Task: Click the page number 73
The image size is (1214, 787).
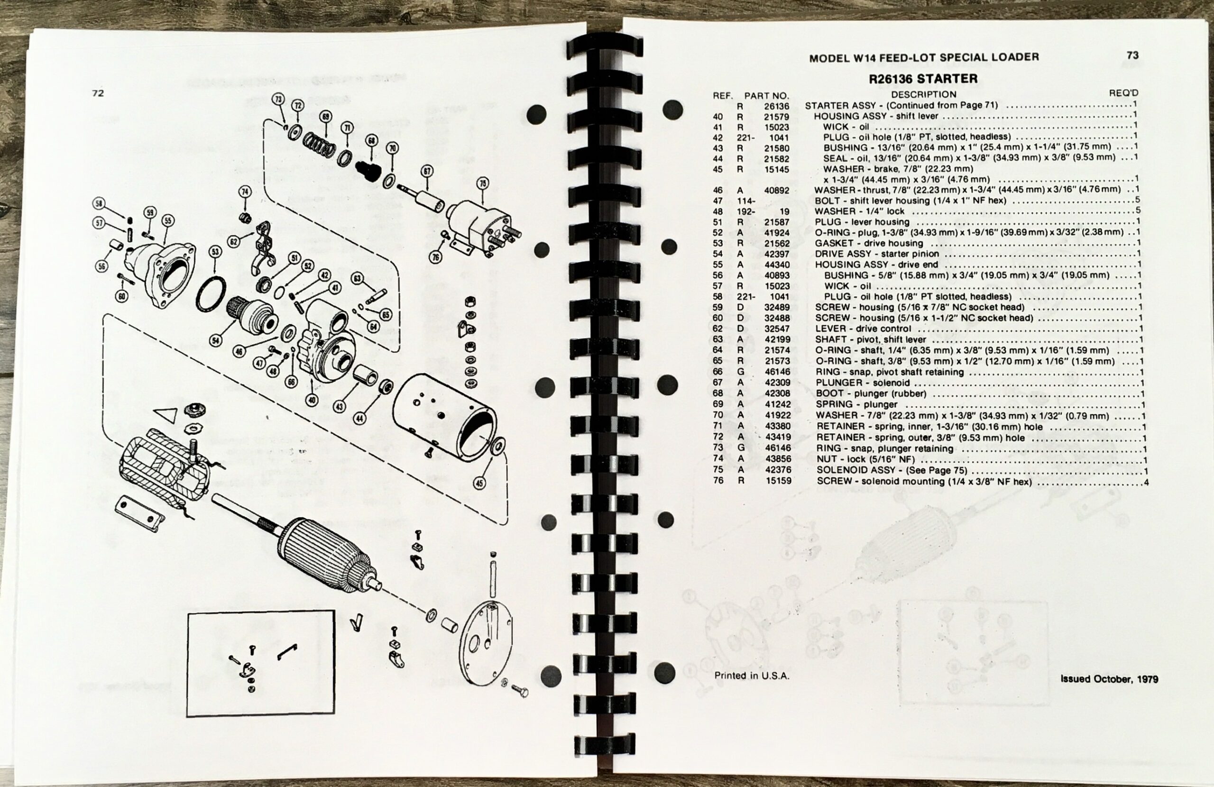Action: (x=1132, y=55)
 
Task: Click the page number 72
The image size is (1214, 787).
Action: (x=98, y=93)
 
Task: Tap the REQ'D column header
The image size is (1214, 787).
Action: (x=1123, y=93)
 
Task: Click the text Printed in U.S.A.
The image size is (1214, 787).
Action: (x=751, y=675)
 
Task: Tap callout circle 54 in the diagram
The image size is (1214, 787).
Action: (x=216, y=341)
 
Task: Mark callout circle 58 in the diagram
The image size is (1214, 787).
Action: (x=100, y=203)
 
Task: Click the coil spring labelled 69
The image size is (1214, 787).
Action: (x=319, y=144)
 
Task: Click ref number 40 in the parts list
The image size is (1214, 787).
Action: (x=717, y=116)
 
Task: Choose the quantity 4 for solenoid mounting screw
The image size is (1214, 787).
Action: (x=1146, y=482)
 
